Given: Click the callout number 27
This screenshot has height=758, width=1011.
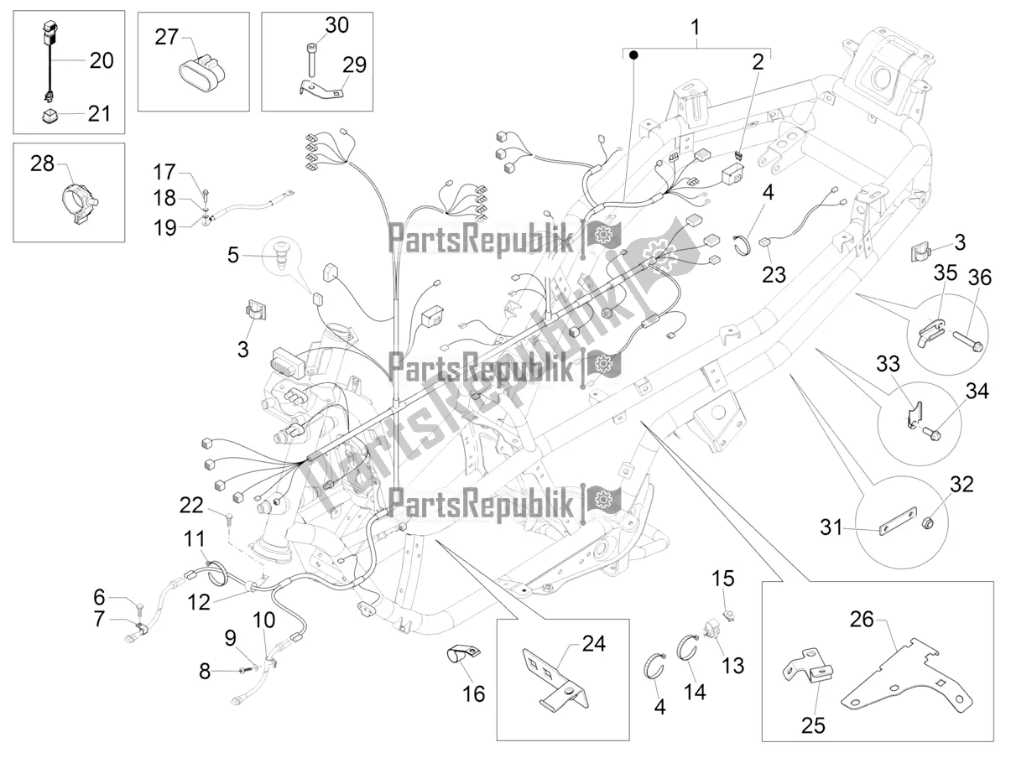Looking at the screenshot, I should tap(167, 37).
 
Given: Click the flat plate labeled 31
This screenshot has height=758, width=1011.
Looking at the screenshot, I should tap(895, 530).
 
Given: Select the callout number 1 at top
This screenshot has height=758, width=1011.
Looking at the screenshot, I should tap(695, 28).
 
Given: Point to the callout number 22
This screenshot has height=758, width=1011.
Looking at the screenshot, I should tap(190, 504).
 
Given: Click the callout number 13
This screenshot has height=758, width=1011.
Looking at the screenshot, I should tap(732, 665).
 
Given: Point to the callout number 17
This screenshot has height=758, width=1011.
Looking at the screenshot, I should tap(164, 172).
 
